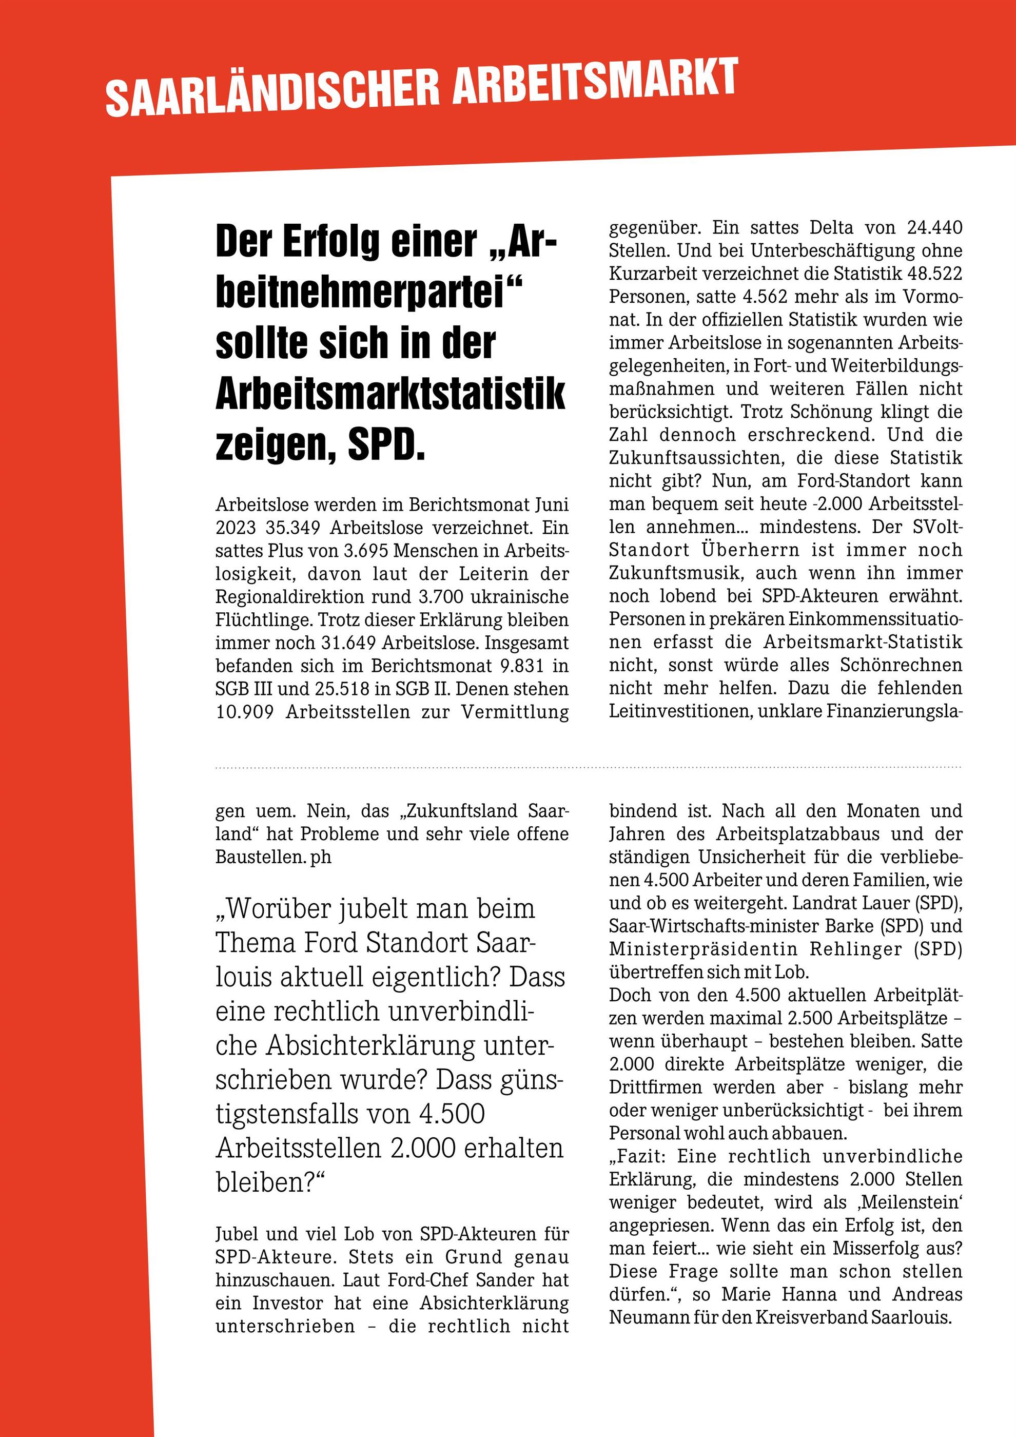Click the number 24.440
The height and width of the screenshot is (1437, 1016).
click(x=934, y=228)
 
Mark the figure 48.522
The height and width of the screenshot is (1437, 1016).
click(x=934, y=274)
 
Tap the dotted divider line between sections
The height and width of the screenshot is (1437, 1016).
click(x=588, y=767)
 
